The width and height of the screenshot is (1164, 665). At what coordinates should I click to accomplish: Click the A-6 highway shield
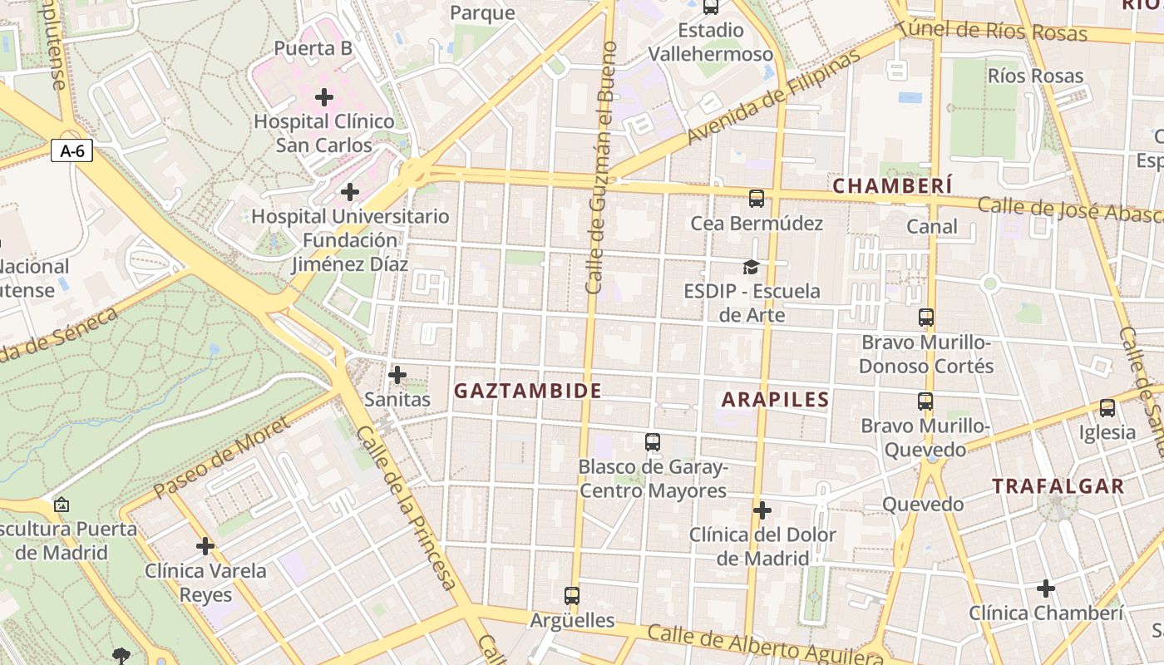pyautogui.click(x=72, y=151)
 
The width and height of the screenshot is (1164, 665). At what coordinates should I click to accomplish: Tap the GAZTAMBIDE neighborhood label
pyautogui.click(x=527, y=391)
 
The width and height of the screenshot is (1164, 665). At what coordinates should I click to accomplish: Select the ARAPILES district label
pyautogui.click(x=775, y=400)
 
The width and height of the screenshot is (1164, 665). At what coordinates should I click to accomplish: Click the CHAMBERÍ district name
pyautogui.click(x=892, y=185)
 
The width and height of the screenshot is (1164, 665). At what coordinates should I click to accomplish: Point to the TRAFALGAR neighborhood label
pyautogui.click(x=1058, y=486)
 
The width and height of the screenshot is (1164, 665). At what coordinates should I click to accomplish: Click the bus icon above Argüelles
pyautogui.click(x=572, y=596)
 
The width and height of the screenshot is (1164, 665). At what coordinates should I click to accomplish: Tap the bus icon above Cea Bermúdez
pyautogui.click(x=756, y=199)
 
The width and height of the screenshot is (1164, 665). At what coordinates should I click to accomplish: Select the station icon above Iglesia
pyautogui.click(x=1107, y=408)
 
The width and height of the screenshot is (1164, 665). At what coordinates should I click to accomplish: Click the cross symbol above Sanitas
pyautogui.click(x=397, y=375)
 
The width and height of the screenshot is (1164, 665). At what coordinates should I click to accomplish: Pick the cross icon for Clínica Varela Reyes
pyautogui.click(x=205, y=546)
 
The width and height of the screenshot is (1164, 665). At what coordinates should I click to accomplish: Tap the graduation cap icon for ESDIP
pyautogui.click(x=751, y=267)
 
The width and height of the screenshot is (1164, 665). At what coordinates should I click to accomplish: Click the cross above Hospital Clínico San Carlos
pyautogui.click(x=324, y=97)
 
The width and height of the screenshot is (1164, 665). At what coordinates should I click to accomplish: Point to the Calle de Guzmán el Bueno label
pyautogui.click(x=600, y=166)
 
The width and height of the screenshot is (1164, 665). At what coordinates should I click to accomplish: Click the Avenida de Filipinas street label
pyautogui.click(x=773, y=98)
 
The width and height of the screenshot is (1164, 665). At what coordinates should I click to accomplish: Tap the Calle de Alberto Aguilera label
pyautogui.click(x=765, y=648)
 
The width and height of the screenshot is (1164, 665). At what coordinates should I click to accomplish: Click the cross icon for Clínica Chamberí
pyautogui.click(x=1046, y=589)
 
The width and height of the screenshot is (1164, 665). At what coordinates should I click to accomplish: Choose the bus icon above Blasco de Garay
pyautogui.click(x=653, y=442)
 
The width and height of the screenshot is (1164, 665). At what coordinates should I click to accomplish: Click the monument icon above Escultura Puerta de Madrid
pyautogui.click(x=61, y=505)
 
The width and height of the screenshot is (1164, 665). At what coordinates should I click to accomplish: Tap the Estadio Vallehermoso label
pyautogui.click(x=710, y=42)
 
